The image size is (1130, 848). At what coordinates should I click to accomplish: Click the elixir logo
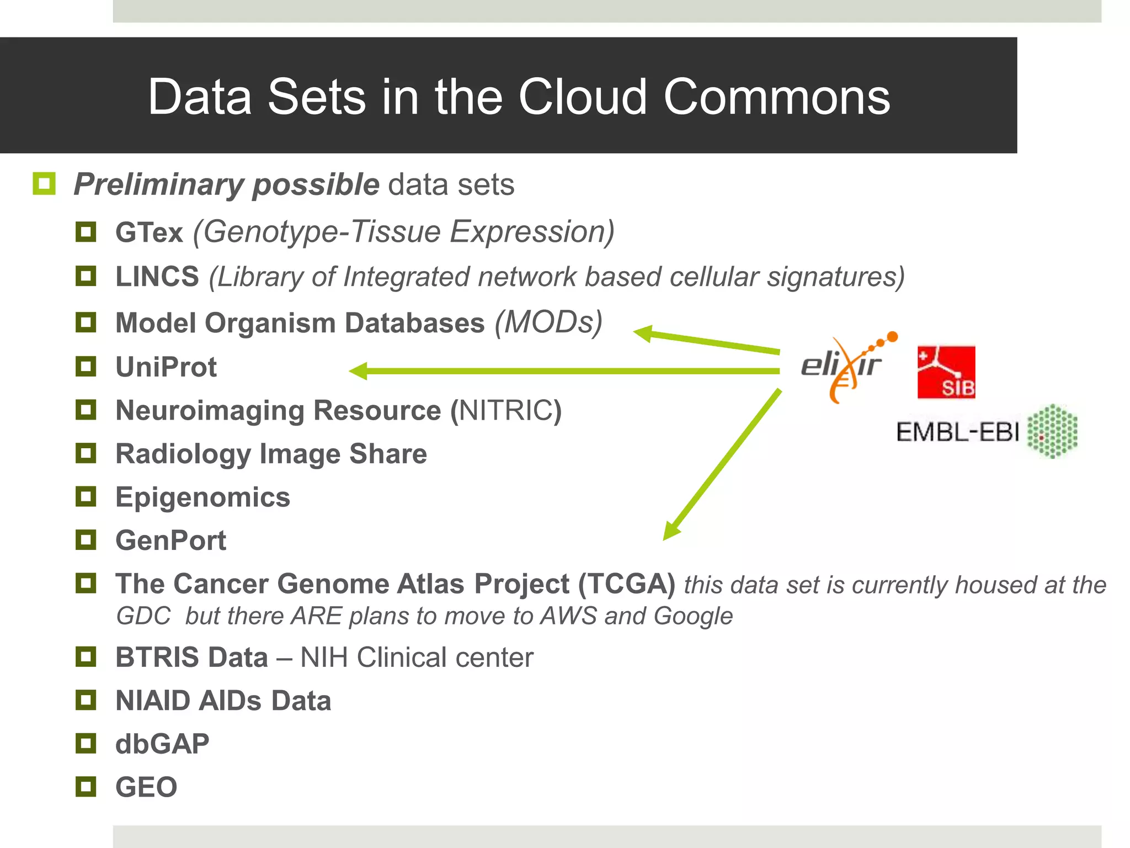click(844, 367)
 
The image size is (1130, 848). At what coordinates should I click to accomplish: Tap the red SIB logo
click(946, 372)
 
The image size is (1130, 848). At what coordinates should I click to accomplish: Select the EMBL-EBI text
click(957, 432)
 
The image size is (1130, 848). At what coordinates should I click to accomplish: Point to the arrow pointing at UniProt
click(563, 371)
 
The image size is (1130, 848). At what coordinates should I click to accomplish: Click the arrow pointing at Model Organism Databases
click(706, 341)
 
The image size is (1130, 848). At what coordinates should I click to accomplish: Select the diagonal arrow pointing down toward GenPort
click(723, 464)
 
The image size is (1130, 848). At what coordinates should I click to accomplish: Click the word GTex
click(149, 232)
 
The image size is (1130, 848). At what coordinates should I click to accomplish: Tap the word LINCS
click(157, 277)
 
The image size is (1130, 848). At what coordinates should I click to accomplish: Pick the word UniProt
click(166, 367)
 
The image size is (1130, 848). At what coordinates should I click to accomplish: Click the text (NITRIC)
click(506, 411)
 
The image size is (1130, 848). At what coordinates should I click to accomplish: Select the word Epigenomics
click(202, 497)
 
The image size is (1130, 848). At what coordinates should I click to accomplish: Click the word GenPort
click(170, 540)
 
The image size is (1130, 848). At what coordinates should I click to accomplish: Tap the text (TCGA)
click(626, 584)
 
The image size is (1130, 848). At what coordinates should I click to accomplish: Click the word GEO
click(146, 787)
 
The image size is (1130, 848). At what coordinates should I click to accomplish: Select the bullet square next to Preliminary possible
click(44, 184)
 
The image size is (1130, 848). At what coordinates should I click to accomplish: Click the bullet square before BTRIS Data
click(86, 657)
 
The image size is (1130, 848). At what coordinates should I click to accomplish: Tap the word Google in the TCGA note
click(693, 616)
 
